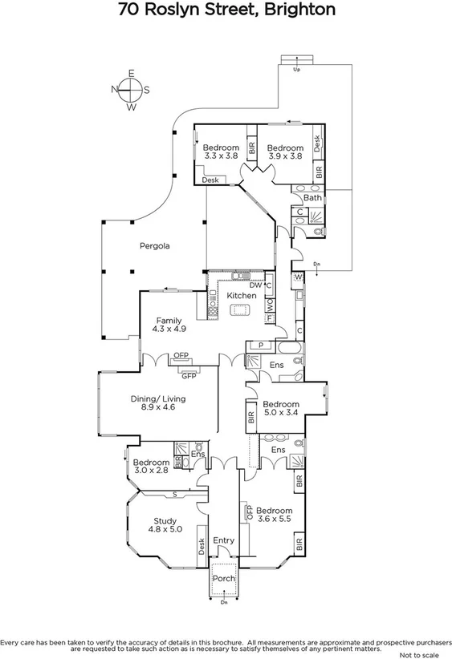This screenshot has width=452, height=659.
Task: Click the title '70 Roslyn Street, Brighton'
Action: [226, 10]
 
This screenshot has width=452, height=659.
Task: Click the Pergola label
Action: [152, 246]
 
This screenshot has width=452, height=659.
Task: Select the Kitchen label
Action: [241, 296]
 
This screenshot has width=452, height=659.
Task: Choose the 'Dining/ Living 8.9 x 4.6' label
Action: [158, 403]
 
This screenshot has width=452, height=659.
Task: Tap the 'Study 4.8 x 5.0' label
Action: [165, 525]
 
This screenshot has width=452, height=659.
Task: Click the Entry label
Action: [224, 540]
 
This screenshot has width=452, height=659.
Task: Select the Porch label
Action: [223, 579]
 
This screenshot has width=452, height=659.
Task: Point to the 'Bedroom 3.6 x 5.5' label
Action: [275, 515]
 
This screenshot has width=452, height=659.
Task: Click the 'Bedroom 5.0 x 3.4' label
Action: [281, 409]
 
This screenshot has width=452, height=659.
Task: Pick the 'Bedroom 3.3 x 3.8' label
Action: [221, 152]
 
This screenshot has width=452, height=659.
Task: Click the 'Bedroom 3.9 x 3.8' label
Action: [285, 152]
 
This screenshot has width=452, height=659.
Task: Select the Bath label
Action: [312, 198]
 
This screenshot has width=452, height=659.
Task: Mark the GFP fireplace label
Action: [189, 375]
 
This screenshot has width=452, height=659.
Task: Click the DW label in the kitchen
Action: [255, 285]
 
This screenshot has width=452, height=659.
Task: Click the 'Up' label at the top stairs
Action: [297, 71]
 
